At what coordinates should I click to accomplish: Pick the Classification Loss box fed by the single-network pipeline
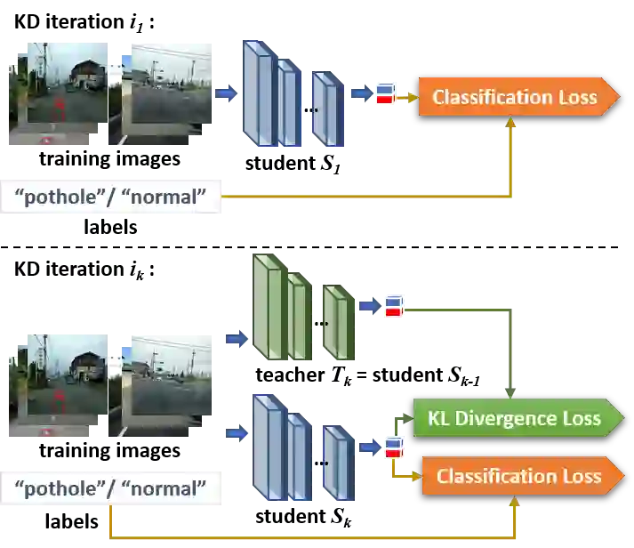coord(515,97)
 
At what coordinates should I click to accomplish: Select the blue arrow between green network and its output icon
coord(368,308)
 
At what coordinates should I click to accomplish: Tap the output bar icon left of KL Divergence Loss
coord(393,447)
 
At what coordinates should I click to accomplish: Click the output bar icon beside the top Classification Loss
coord(385,93)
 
